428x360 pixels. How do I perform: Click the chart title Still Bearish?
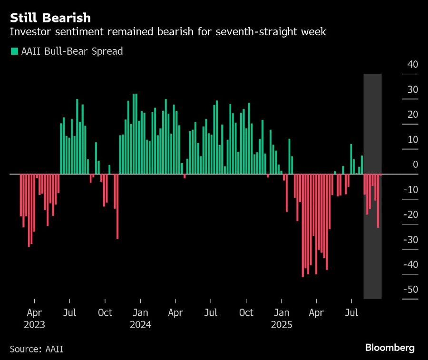50,18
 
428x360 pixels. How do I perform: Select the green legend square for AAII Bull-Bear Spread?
14,51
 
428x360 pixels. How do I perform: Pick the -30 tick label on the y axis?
410,240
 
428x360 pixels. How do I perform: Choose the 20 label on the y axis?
412,115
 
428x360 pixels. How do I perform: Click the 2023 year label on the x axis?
34,325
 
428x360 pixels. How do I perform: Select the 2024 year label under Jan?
140,325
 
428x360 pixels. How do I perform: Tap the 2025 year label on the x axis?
282,325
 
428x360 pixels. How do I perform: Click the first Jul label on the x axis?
69,313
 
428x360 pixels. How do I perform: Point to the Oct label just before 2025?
246,313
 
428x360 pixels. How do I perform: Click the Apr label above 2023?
34,313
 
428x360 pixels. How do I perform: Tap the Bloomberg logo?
390,348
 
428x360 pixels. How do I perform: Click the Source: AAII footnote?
36,349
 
